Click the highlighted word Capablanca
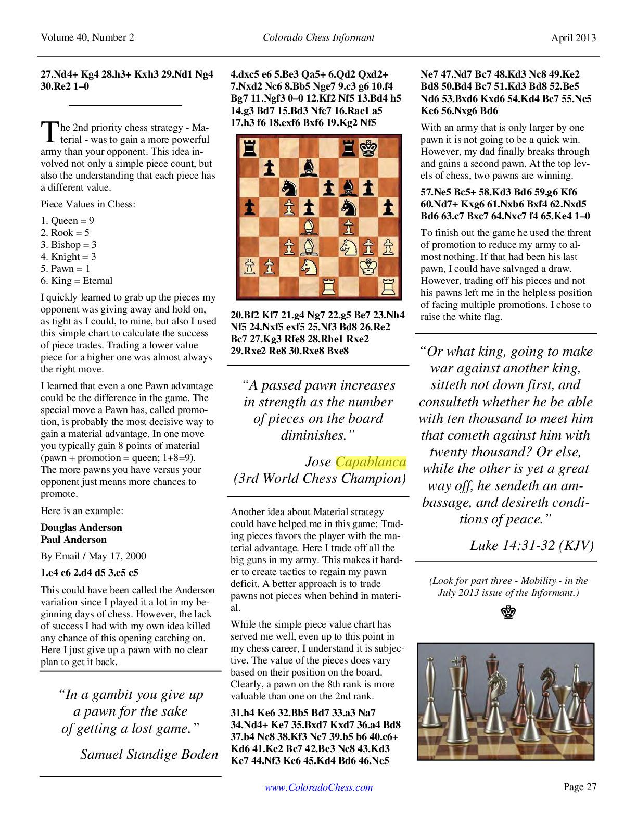pyautogui.click(x=371, y=462)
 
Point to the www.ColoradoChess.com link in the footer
pyautogui.click(x=318, y=787)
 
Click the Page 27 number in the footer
pyautogui.click(x=579, y=786)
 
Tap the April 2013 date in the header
pyautogui.click(x=574, y=37)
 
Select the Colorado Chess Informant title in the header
pyautogui.click(x=318, y=37)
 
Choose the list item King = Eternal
pyautogui.click(x=77, y=281)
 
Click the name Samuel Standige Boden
pyautogui.click(x=149, y=755)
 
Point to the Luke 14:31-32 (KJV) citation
pyautogui.click(x=531, y=545)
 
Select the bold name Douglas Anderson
pyautogui.click(x=81, y=528)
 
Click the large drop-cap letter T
pyautogui.click(x=48, y=132)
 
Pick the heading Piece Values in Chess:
pyautogui.click(x=88, y=204)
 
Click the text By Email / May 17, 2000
pyautogui.click(x=94, y=556)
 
